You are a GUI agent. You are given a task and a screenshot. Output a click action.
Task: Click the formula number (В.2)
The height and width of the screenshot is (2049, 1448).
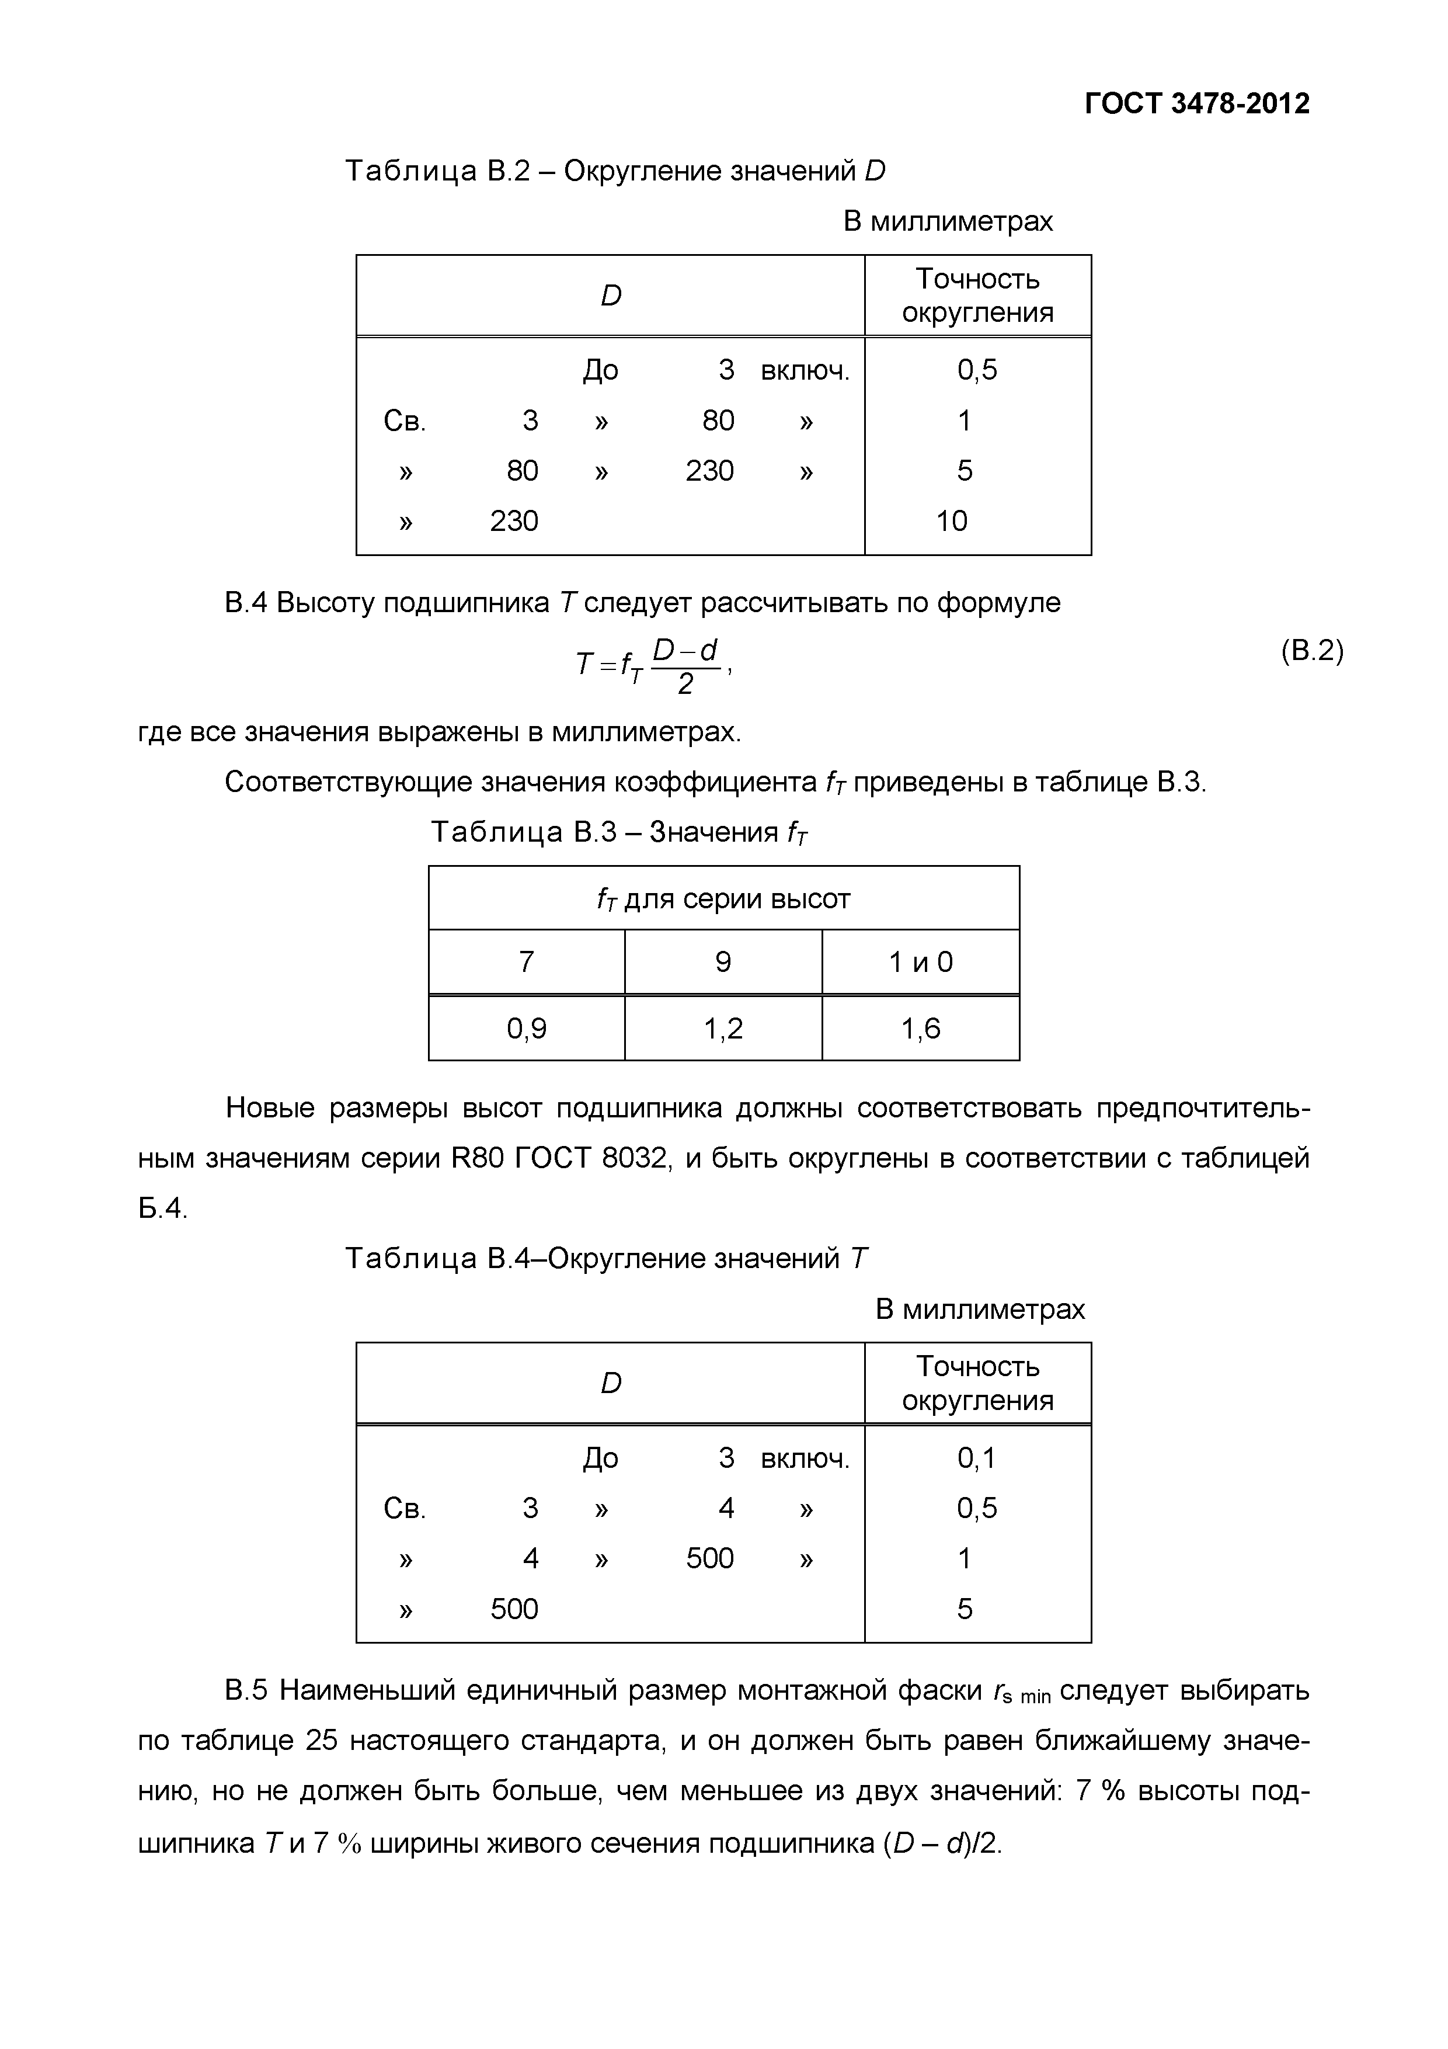click(1311, 651)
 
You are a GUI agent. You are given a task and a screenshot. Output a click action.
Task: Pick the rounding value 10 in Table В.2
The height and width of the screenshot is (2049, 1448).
click(951, 520)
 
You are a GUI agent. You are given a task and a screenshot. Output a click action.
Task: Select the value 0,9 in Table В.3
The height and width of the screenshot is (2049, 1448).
click(527, 1029)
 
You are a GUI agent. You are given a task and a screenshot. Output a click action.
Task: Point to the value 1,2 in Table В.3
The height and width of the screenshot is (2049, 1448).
click(723, 1029)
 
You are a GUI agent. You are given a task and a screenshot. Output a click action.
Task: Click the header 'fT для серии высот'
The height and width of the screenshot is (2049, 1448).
click(723, 898)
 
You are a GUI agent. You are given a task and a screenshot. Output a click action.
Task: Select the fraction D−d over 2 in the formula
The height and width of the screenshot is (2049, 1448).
click(685, 666)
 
